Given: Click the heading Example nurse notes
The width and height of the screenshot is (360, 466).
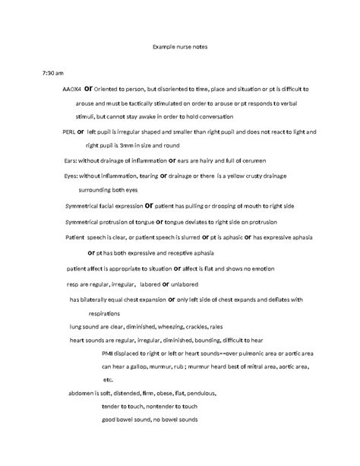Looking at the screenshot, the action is coord(180,47).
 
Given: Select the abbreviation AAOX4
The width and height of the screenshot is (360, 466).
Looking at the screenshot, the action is coord(72,88).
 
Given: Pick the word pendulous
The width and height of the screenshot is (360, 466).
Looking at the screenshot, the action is coord(198,393).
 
